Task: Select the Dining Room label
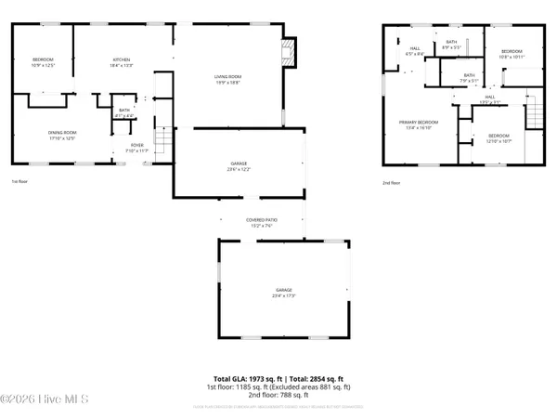[62, 136]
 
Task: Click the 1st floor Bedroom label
[44, 62]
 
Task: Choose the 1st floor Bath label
[123, 112]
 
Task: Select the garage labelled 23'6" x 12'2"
[239, 166]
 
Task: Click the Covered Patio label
[262, 222]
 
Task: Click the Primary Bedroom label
[418, 124]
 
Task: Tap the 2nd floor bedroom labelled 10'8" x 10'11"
[512, 55]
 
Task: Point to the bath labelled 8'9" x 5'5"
[451, 45]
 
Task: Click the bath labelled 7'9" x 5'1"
[469, 78]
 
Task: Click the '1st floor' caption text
[20, 182]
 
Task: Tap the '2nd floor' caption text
[392, 183]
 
